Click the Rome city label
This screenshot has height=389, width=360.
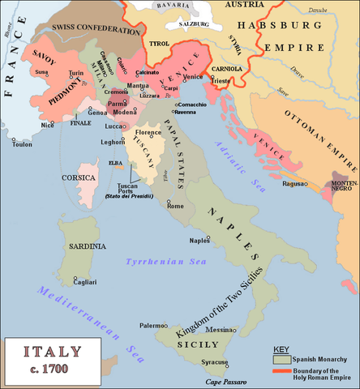pyautogui.click(x=175, y=207)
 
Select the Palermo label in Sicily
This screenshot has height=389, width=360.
pyautogui.click(x=152, y=325)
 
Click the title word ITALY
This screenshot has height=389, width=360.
pyautogui.click(x=53, y=353)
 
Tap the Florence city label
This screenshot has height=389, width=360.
pyautogui.click(x=148, y=131)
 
